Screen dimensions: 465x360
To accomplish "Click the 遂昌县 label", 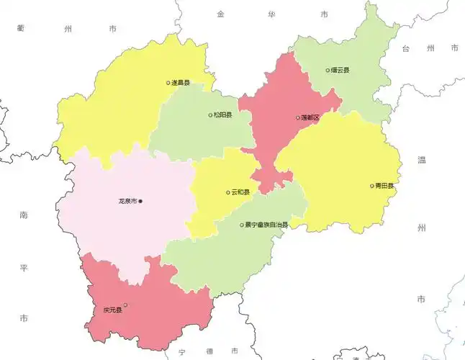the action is tap(181, 83).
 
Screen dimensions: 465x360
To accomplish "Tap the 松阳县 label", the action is tap(223, 115).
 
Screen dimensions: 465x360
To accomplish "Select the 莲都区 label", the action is tap(310, 117).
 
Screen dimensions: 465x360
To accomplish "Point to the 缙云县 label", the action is tap(340, 71).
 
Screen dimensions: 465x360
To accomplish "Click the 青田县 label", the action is tap(384, 186).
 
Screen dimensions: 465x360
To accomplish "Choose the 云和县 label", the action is tap(240, 192).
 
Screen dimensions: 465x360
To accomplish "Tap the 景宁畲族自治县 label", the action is tap(266, 225).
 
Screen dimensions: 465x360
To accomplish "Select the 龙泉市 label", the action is tap(128, 201).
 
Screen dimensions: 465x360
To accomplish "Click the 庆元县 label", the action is tap(112, 311).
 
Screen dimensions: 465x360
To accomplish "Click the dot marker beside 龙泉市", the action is tap(141, 201).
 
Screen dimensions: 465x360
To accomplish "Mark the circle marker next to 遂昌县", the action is tap(168, 83).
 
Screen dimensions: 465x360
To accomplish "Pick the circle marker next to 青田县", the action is tap(372, 186).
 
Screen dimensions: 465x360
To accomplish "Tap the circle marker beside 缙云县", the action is tap(328, 71).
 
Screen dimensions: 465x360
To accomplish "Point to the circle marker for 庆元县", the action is tap(125, 305).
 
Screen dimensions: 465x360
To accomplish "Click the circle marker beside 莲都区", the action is tap(298, 117).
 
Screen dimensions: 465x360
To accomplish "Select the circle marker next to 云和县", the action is tap(228, 192).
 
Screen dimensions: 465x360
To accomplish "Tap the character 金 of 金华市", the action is tap(220, 14).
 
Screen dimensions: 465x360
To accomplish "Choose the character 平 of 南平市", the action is tap(23, 267).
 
